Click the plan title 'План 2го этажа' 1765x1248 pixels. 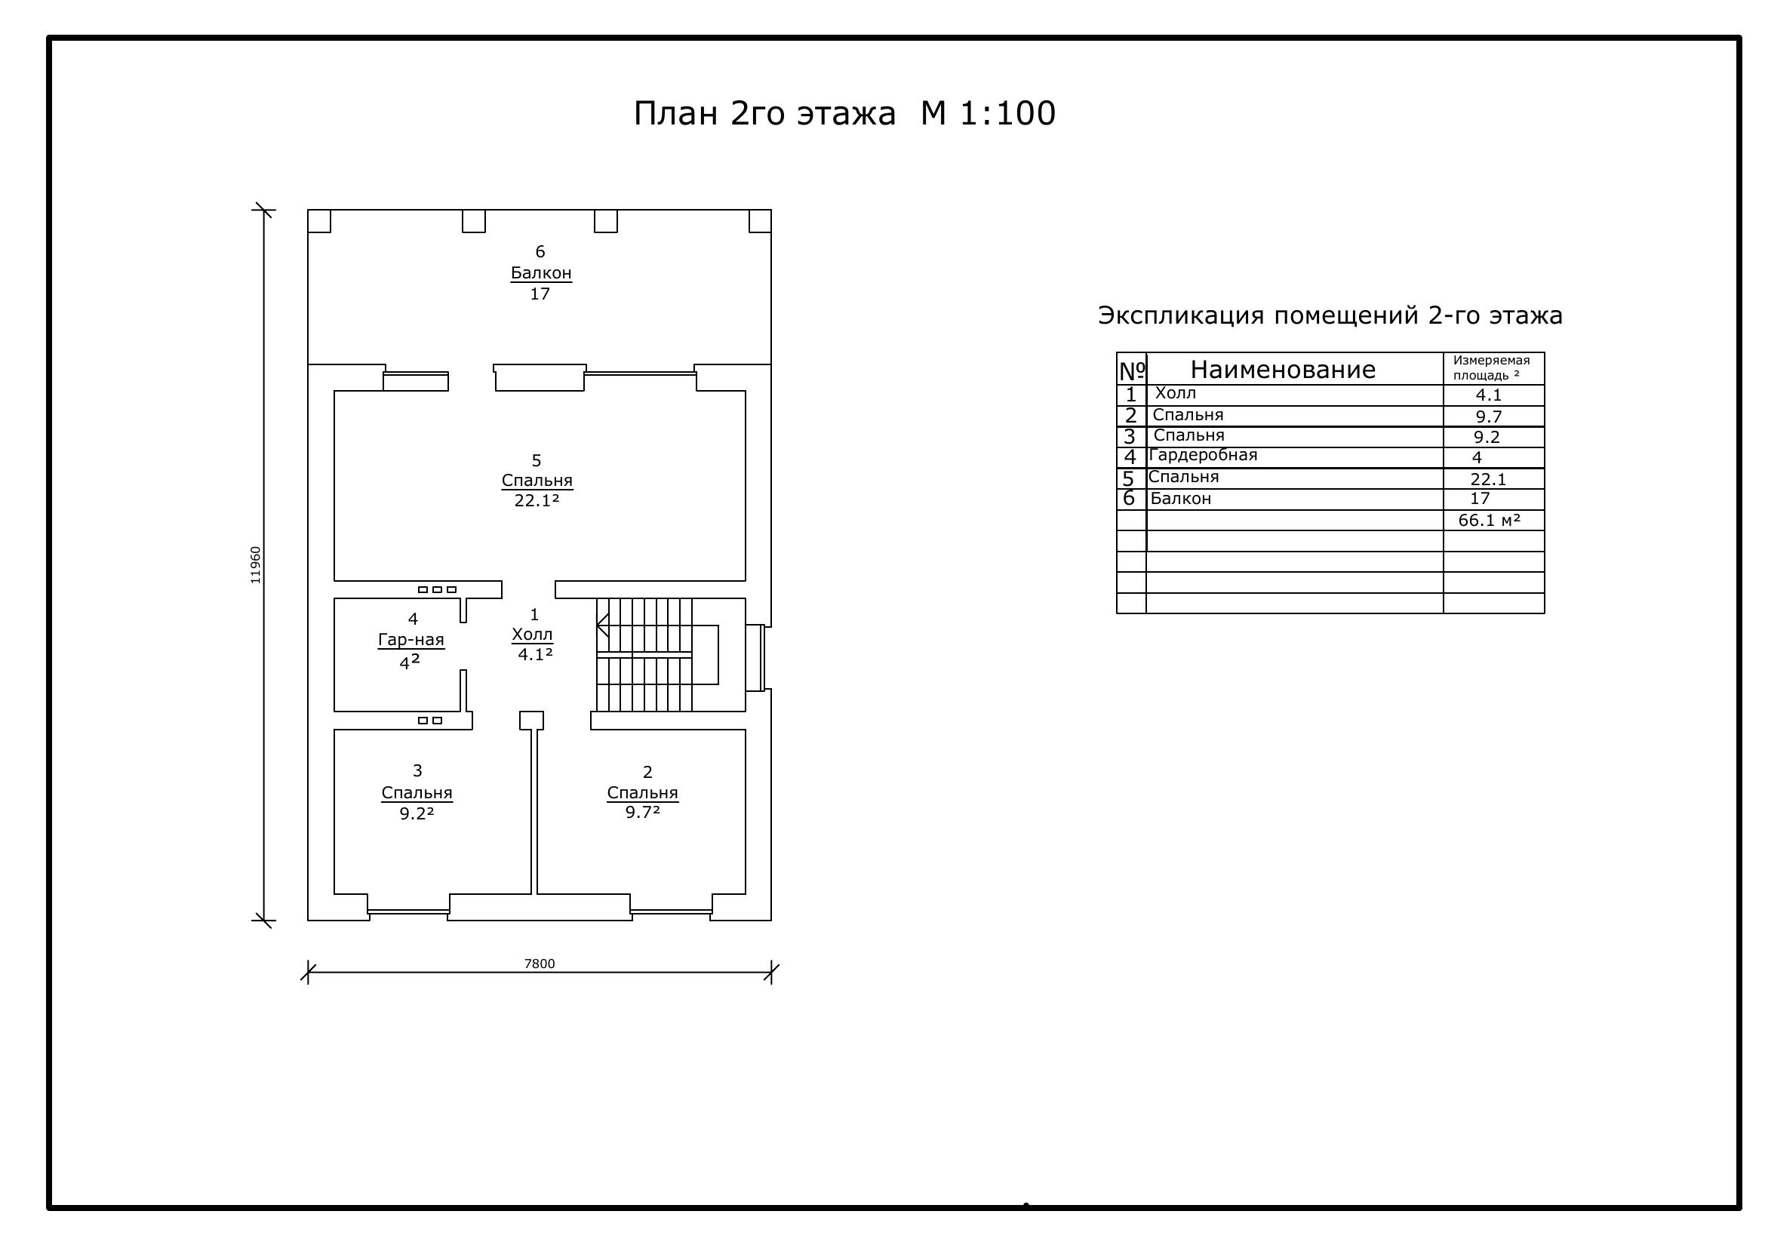764,114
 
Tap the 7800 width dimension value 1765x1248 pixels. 540,964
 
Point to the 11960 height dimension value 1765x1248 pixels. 255,565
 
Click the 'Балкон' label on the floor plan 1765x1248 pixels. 541,273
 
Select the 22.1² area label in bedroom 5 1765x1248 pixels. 537,500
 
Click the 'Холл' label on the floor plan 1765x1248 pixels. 532,635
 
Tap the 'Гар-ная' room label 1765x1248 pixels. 411,639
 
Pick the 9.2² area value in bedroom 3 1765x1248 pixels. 417,813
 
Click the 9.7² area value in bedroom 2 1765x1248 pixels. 643,813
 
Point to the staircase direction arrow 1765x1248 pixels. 604,626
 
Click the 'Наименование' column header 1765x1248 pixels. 1283,370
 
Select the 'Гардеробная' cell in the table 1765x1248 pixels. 1203,455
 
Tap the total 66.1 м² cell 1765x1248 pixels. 1490,521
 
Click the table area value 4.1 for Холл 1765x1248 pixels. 1489,395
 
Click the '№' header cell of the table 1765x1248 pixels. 1132,370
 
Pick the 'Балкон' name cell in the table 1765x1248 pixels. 1181,499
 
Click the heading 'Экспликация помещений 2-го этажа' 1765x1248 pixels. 1330,315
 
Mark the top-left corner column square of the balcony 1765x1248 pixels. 319,220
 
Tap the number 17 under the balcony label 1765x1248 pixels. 540,294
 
